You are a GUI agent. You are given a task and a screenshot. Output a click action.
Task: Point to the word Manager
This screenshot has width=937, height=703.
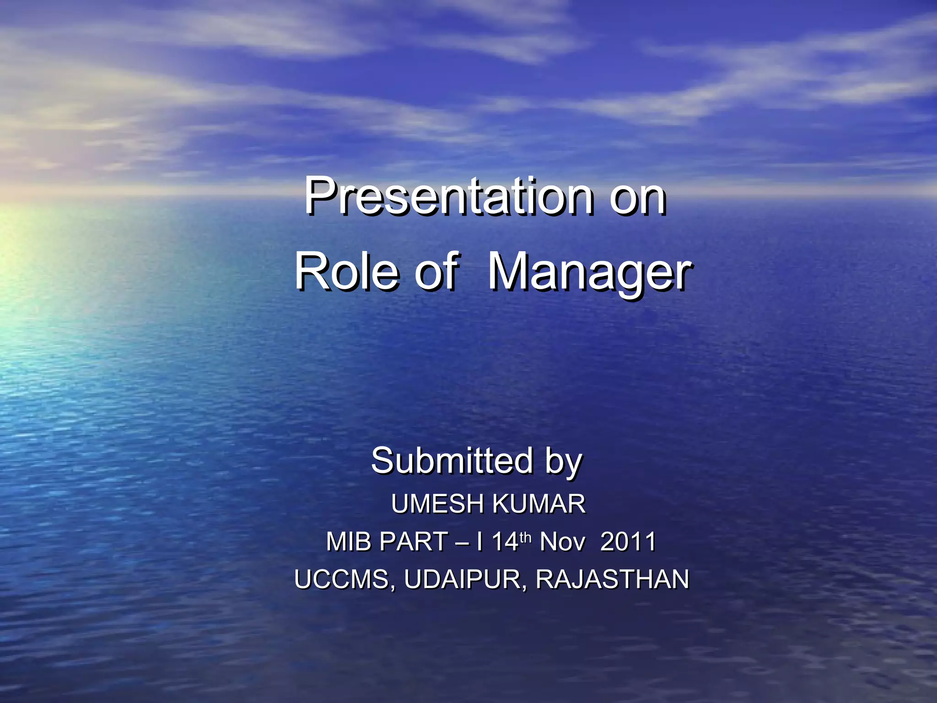point(589,273)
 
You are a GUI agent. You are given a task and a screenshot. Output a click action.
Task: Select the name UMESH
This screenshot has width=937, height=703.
point(437,504)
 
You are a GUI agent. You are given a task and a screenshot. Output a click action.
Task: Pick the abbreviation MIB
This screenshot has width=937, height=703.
point(349,542)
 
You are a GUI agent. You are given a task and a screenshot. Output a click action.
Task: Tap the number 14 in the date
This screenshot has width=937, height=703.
point(505,542)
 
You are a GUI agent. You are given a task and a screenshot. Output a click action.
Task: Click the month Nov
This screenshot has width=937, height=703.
point(562,542)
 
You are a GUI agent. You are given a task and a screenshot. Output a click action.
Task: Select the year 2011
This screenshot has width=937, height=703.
point(628,542)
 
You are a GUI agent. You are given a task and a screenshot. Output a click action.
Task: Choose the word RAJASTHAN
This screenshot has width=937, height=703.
point(612,580)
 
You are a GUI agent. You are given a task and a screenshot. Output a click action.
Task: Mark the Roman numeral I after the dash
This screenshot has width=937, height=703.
point(479,542)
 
